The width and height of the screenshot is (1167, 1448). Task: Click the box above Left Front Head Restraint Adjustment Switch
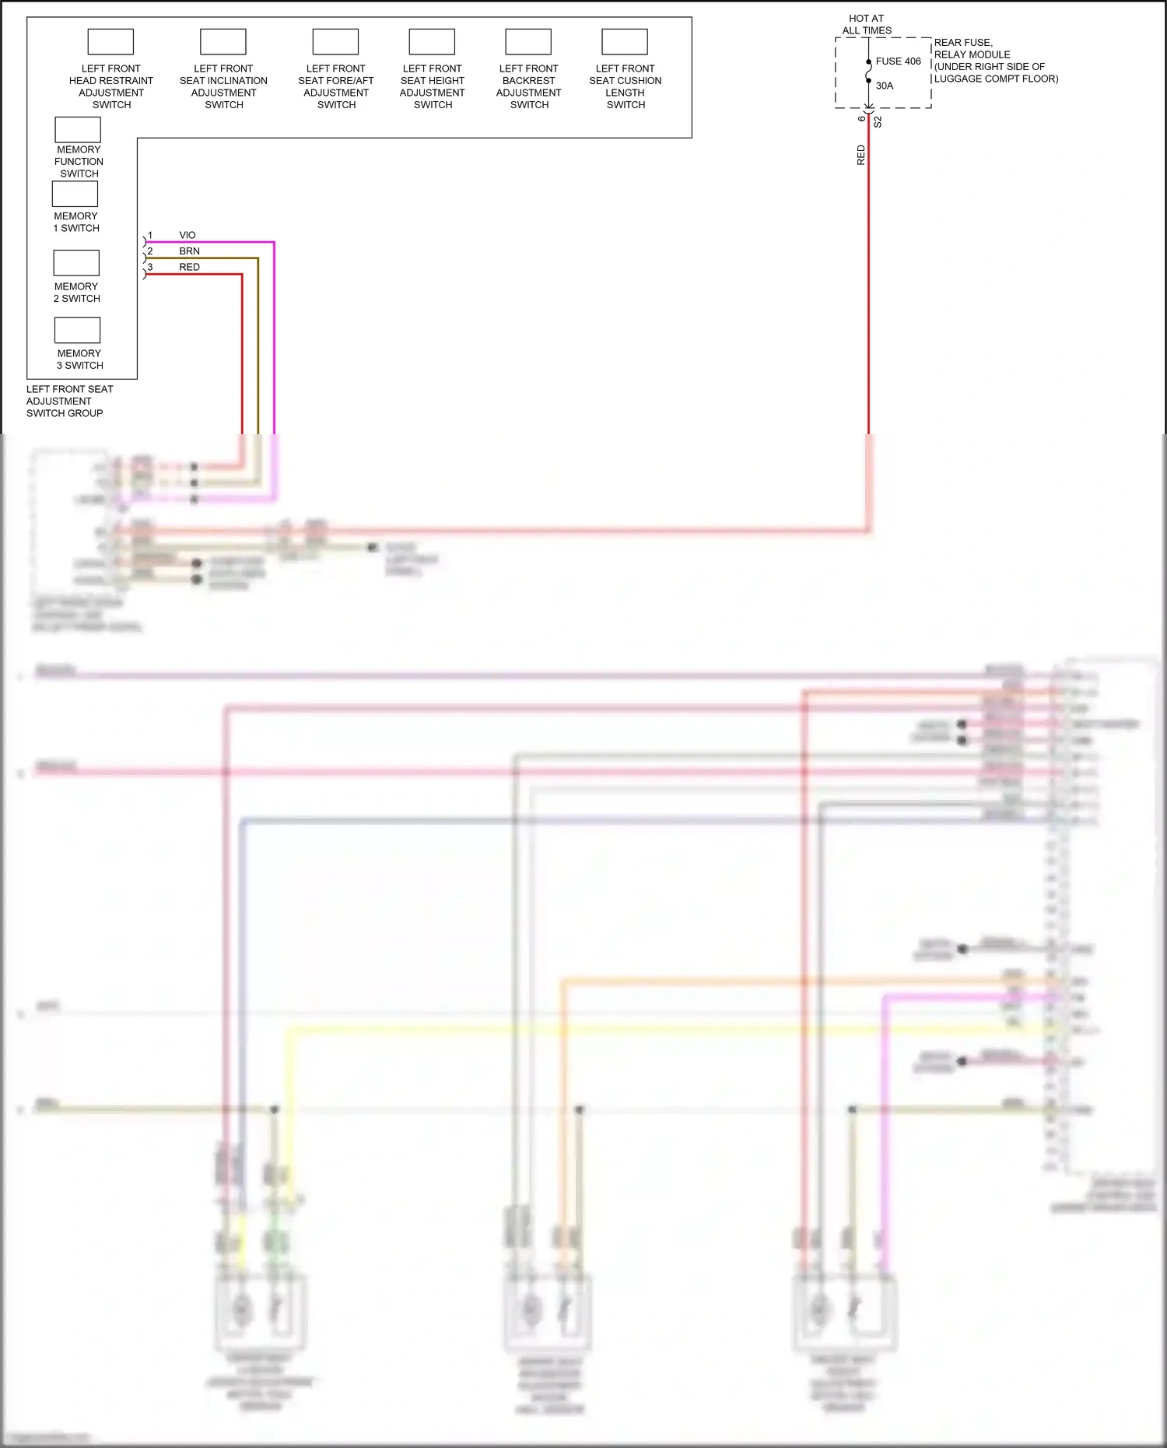click(x=110, y=41)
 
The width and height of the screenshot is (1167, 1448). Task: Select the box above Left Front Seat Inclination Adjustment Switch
click(x=223, y=41)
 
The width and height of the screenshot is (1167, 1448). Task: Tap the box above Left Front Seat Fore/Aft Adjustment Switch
click(x=335, y=41)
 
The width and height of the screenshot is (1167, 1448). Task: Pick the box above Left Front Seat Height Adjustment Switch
click(x=432, y=41)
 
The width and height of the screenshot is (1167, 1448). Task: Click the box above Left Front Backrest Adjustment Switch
click(x=528, y=41)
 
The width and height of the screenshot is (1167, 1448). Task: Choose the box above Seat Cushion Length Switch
click(x=625, y=41)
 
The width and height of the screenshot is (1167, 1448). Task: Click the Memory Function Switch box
click(x=78, y=129)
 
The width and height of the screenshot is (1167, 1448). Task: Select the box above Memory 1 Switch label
click(x=75, y=194)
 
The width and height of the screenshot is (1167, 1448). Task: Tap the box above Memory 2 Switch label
click(x=76, y=263)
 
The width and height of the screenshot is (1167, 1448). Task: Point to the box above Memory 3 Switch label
click(x=77, y=330)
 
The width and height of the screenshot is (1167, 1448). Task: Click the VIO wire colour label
click(x=187, y=235)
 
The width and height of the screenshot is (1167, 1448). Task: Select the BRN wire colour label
click(x=189, y=251)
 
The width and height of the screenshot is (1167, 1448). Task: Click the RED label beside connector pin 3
click(x=189, y=267)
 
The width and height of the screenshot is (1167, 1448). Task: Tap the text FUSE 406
click(x=898, y=61)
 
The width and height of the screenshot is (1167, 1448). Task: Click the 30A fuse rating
click(x=885, y=86)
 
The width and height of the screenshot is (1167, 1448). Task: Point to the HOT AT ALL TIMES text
click(x=867, y=24)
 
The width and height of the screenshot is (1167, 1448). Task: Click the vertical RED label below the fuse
click(x=860, y=155)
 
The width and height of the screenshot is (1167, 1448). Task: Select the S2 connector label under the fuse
click(x=878, y=122)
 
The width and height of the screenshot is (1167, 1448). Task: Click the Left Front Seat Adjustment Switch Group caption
click(x=69, y=401)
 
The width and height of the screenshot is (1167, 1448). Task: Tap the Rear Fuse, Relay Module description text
click(x=995, y=61)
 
